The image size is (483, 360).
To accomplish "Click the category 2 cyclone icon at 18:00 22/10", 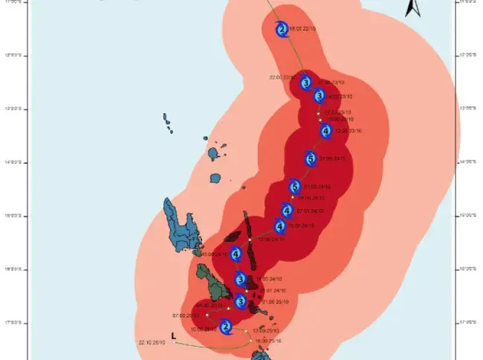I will click(281, 30).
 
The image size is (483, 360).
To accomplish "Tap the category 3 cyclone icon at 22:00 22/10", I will click(305, 82).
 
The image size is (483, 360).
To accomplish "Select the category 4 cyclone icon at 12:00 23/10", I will click(325, 131).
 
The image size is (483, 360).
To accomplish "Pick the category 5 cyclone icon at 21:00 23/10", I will click(311, 158).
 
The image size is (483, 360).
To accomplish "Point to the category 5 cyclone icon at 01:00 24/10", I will click(294, 187).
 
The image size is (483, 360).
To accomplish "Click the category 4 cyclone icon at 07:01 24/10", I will click(287, 210).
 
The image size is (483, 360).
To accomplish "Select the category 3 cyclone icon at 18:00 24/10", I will click(240, 279).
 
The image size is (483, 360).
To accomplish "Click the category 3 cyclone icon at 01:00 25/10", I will click(240, 301).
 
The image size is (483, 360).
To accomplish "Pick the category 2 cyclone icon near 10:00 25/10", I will click(227, 327).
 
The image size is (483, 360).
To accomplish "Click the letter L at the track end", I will click(173, 336).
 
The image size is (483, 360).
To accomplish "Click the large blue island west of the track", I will click(178, 223).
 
